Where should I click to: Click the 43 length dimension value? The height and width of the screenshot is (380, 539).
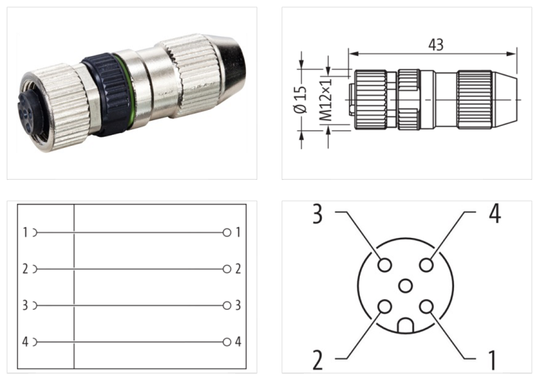(435, 44)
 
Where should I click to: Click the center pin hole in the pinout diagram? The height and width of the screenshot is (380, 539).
(405, 286)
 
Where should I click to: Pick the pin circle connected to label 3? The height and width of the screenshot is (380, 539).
(384, 265)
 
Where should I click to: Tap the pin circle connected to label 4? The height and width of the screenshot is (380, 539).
(426, 265)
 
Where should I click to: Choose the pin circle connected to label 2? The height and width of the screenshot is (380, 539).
(384, 307)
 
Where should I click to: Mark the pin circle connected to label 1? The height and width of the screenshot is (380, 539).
(426, 307)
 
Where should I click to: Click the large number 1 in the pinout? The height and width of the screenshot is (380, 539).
(493, 360)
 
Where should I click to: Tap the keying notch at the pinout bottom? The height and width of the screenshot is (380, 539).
(405, 327)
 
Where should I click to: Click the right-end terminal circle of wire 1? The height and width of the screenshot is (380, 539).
(227, 232)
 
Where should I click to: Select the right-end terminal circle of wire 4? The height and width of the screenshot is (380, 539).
(227, 342)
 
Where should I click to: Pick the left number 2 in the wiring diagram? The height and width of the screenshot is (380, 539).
(25, 270)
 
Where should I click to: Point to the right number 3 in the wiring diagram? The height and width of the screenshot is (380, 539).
(238, 305)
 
